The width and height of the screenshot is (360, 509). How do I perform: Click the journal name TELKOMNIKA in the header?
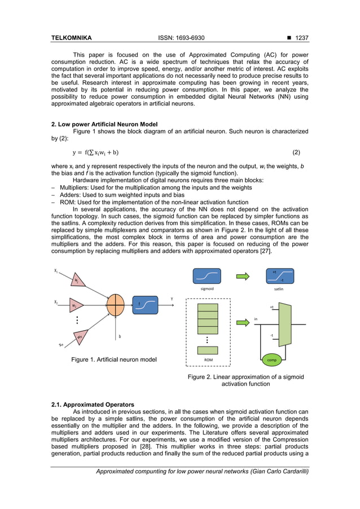(71, 38)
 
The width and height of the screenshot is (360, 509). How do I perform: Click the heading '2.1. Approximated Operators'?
(93, 405)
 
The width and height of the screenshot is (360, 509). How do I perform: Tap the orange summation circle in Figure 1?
(115, 305)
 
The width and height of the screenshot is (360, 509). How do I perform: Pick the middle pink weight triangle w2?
(76, 305)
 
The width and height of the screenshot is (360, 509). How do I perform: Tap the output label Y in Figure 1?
(172, 299)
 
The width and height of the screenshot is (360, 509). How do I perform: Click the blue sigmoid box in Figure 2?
(207, 276)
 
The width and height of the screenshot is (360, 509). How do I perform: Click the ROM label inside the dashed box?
(208, 359)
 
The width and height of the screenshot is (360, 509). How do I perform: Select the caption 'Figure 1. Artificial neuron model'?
(113, 359)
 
